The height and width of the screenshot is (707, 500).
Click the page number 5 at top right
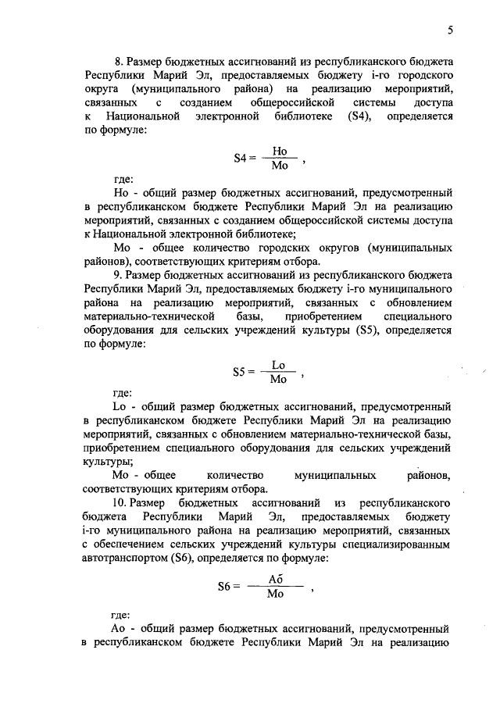[451, 30]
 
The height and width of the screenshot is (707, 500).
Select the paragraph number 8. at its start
[120, 61]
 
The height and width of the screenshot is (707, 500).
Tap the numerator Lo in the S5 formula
[278, 365]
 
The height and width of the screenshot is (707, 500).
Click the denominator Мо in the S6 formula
[275, 595]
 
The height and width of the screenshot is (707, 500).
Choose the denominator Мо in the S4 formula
[280, 166]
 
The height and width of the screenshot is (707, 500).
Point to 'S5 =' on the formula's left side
[244, 373]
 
